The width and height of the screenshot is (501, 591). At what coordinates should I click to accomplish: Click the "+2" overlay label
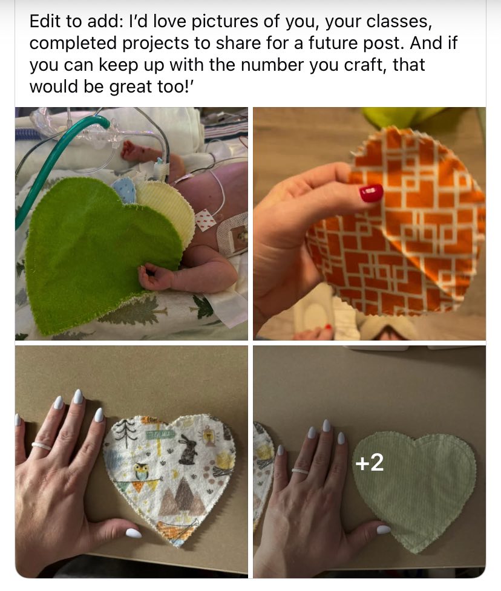pyautogui.click(x=370, y=462)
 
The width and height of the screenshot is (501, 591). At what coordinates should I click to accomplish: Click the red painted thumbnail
pyautogui.click(x=371, y=192)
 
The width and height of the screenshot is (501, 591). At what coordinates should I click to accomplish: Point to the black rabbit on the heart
pyautogui.click(x=188, y=449)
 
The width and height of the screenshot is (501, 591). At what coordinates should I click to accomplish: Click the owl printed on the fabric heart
pyautogui.click(x=142, y=471)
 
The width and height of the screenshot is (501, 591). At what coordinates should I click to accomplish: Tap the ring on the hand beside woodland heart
pyautogui.click(x=42, y=446)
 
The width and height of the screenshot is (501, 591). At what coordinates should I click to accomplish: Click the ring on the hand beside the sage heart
pyautogui.click(x=300, y=471)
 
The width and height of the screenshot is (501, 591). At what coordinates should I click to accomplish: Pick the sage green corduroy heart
pyautogui.click(x=414, y=490)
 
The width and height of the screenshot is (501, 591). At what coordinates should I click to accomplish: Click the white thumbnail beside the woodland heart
pyautogui.click(x=134, y=533)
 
